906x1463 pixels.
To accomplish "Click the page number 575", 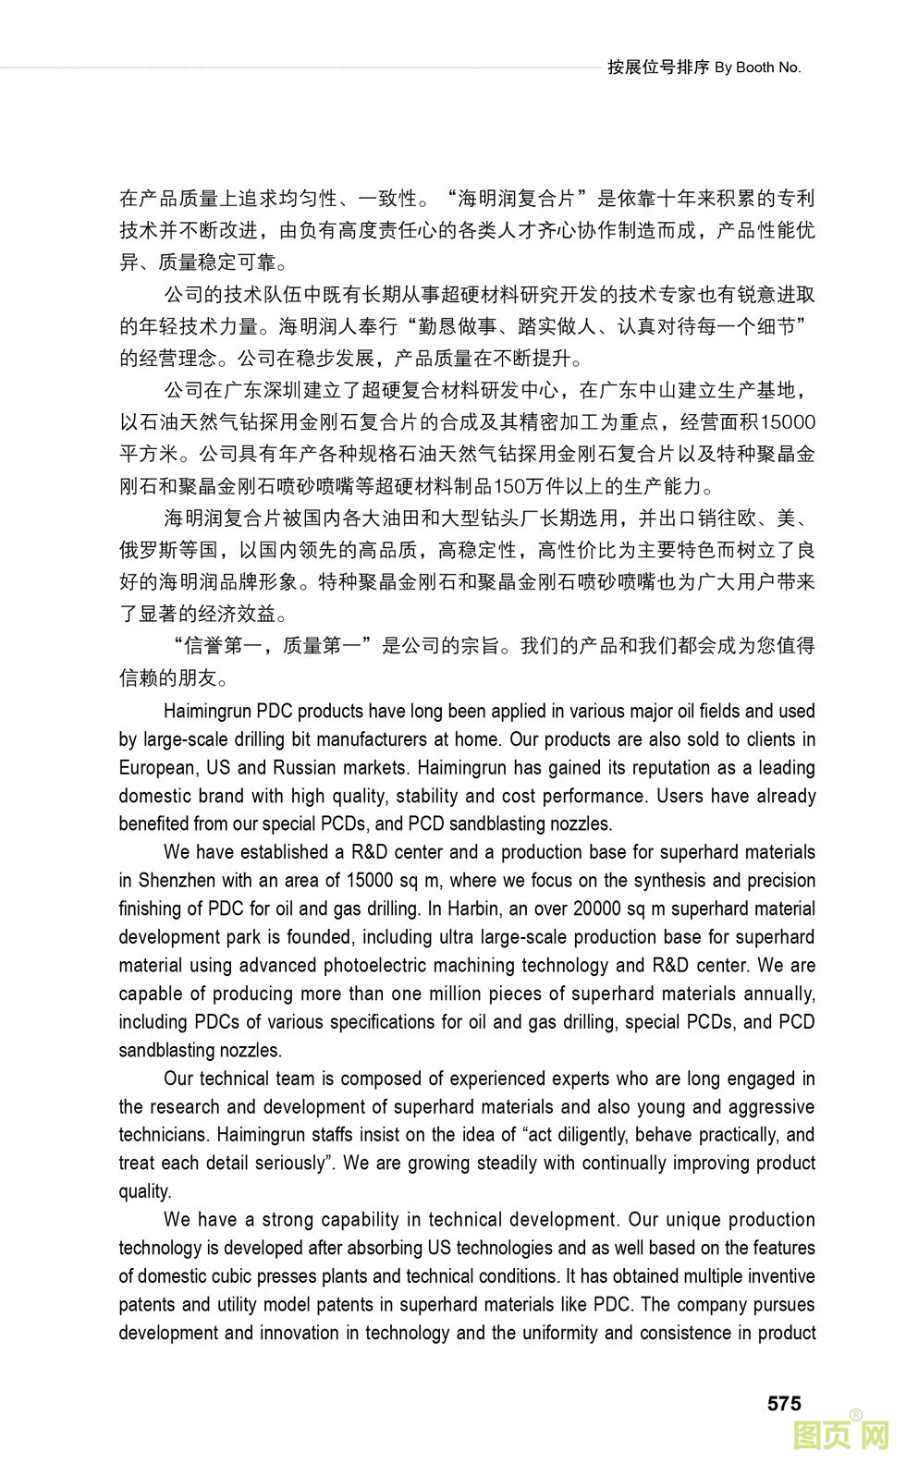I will click(x=784, y=1403).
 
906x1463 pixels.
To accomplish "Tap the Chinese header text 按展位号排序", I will click(x=658, y=67).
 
